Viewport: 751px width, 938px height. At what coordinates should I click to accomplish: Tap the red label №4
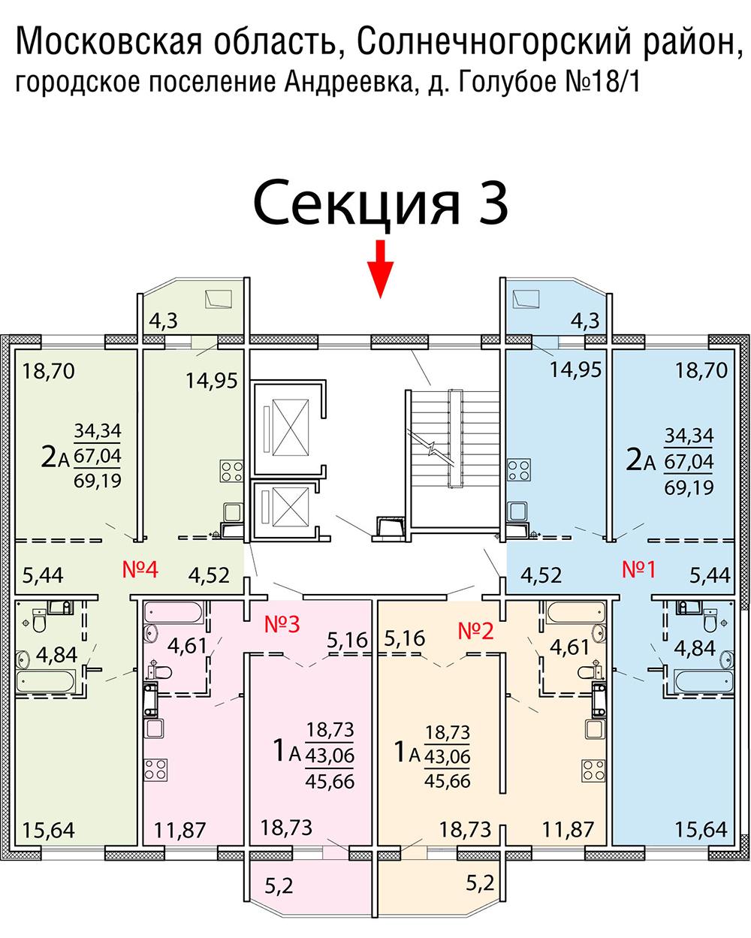pyautogui.click(x=140, y=570)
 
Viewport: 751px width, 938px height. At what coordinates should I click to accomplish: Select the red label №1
pyautogui.click(x=638, y=570)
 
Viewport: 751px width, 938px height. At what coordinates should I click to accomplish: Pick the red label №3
pyautogui.click(x=282, y=625)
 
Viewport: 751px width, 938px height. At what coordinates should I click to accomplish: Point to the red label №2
pyautogui.click(x=475, y=630)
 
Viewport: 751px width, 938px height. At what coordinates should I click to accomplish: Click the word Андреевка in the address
pyautogui.click(x=348, y=82)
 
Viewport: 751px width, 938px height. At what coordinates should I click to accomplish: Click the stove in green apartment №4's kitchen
pyautogui.click(x=232, y=471)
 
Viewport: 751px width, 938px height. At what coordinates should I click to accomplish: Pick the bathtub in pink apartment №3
pyautogui.click(x=173, y=612)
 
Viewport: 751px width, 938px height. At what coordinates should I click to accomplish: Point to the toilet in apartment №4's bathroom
pyautogui.click(x=39, y=620)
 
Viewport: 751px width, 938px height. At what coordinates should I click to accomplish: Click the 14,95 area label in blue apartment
pyautogui.click(x=575, y=370)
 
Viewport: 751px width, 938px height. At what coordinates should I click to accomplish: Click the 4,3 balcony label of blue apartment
pyautogui.click(x=585, y=321)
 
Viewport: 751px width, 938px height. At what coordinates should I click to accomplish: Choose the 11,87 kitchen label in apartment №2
pyautogui.click(x=568, y=829)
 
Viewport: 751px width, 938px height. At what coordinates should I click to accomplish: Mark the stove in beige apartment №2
pyautogui.click(x=593, y=771)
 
